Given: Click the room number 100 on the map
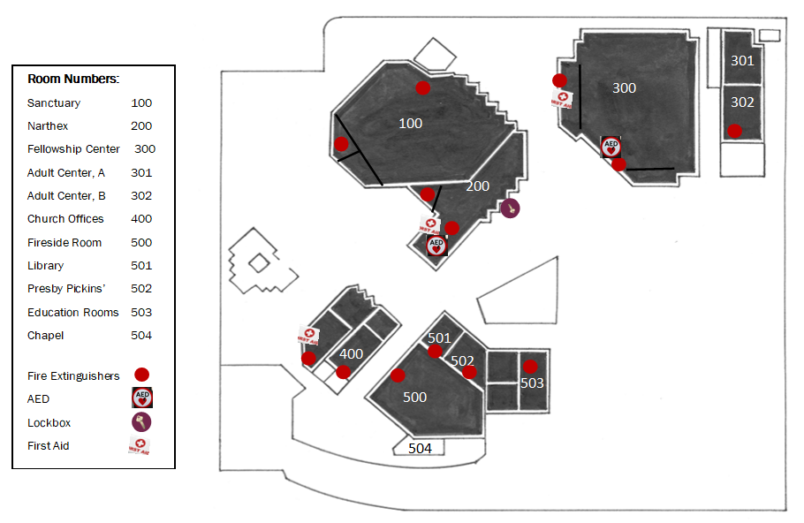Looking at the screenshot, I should click(410, 124).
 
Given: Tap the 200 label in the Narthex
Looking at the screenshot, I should click(477, 186).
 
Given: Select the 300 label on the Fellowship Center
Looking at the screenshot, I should click(624, 88).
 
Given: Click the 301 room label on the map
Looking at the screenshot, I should click(742, 61).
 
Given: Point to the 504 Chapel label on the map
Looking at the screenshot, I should click(420, 449).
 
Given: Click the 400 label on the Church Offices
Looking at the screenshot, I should click(352, 354).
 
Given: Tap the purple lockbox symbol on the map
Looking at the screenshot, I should click(510, 208).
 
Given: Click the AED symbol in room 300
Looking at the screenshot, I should click(611, 147).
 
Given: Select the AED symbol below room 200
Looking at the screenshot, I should click(436, 246).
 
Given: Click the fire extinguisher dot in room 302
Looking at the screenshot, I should click(734, 131).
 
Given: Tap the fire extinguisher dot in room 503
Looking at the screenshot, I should click(529, 367).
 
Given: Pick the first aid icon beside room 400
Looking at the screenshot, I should click(308, 336).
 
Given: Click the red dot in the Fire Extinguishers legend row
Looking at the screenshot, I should click(141, 375).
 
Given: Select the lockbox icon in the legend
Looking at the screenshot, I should click(141, 422).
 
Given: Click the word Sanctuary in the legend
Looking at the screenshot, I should click(54, 103).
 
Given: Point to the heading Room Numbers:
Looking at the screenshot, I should click(73, 79).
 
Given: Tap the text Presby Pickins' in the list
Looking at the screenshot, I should click(64, 289).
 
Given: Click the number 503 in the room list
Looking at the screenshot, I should click(141, 313).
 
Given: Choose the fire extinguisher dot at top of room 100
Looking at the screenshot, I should click(423, 87).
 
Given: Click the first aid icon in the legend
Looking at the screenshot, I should click(140, 446).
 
